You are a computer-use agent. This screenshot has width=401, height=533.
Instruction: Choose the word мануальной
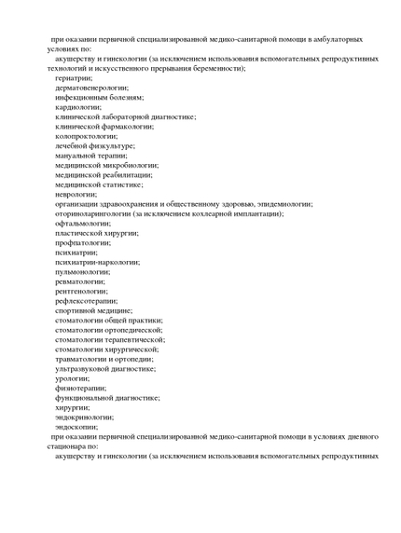[77, 156]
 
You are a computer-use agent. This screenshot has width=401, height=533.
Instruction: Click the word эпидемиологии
[280, 203]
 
